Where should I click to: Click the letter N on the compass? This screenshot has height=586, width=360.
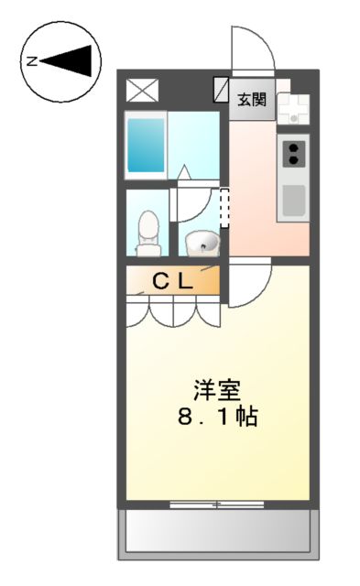pos(31,62)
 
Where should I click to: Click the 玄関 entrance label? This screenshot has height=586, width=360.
pos(252,100)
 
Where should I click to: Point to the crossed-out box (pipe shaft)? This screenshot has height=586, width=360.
pos(142,91)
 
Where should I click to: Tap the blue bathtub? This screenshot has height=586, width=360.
pos(146,145)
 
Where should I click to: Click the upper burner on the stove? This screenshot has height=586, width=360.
pos(294,146)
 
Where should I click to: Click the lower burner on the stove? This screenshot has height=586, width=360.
pos(294,160)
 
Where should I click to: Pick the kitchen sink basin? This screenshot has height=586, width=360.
pos(294,200)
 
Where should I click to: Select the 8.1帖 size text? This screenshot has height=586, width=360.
pos(216,418)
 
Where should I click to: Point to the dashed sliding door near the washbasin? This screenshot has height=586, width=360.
pos(223,210)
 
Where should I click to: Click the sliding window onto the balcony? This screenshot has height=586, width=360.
pos(216,504)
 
